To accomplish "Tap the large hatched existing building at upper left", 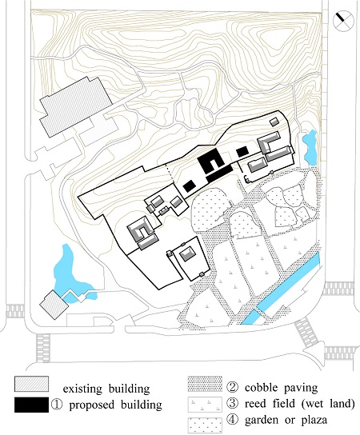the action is [76, 107].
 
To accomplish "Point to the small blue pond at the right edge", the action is [310, 147].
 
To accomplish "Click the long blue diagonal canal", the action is [281, 289].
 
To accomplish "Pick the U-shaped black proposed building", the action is [212, 162].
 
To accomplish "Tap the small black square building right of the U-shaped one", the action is [242, 152].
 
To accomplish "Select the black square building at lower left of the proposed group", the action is [189, 186].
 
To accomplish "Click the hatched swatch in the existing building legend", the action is [32, 384].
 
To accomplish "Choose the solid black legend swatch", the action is [31, 405].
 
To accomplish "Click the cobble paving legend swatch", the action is [205, 384].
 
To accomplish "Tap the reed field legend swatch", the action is [205, 404].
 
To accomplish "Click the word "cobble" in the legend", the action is [261, 387].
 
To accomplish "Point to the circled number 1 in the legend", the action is [56, 405].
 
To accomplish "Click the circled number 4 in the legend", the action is [232, 420].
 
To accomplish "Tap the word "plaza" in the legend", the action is [314, 421].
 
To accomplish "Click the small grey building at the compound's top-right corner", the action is [274, 122].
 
